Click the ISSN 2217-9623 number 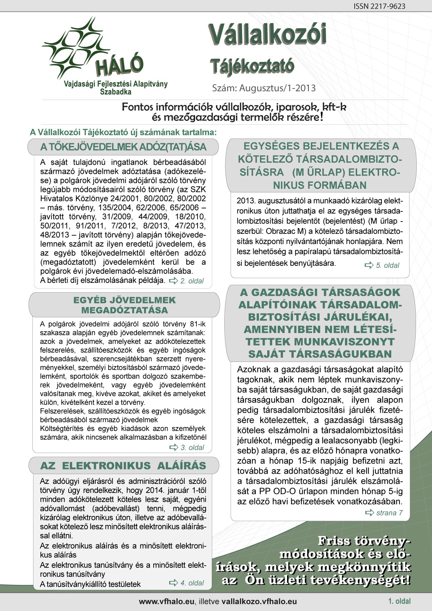(379, 6)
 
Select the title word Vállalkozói (268, 36)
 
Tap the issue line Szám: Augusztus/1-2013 (264, 88)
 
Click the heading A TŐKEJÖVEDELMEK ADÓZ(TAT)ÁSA (123, 147)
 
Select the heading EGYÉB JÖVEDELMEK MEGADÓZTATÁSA (124, 305)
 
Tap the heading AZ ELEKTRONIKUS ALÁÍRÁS (123, 466)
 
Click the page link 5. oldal (387, 265)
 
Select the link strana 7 (389, 513)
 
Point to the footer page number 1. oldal (400, 601)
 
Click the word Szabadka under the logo (116, 92)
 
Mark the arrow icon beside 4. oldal (173, 582)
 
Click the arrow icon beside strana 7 (369, 513)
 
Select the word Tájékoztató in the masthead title (252, 66)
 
